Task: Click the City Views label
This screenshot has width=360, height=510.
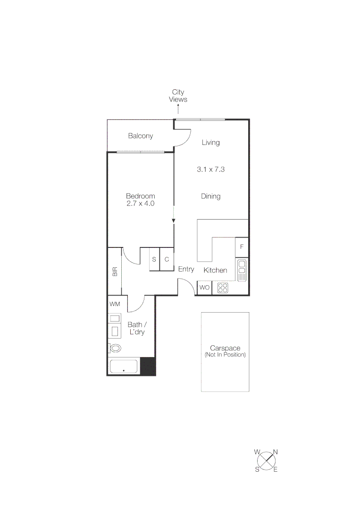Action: tap(178, 96)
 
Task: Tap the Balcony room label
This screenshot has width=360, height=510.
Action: tap(141, 136)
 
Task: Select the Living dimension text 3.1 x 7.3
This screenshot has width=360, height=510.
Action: tap(210, 169)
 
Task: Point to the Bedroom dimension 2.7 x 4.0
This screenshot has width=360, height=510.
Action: tap(140, 204)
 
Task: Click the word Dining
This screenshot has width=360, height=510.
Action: tap(210, 196)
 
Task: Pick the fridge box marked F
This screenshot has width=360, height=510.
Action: tap(242, 247)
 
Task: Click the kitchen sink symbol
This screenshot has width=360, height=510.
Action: tap(242, 270)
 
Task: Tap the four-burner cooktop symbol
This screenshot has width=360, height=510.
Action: tap(223, 288)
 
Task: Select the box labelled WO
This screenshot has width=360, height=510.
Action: tap(204, 288)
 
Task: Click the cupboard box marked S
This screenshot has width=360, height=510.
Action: tap(154, 260)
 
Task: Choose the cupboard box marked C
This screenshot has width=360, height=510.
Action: tap(167, 260)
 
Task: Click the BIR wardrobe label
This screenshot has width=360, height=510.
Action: tap(115, 272)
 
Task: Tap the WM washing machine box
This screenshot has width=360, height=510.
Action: tap(115, 304)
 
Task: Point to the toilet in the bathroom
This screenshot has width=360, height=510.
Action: tap(115, 348)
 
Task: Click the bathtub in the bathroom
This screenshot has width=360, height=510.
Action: tap(124, 367)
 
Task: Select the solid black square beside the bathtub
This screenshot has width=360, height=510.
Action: tap(148, 366)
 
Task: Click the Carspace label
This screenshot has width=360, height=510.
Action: tap(225, 348)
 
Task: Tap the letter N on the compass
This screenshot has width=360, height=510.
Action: tap(276, 452)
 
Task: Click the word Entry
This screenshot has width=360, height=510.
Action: tap(186, 269)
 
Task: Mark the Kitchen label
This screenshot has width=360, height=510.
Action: tap(215, 271)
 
